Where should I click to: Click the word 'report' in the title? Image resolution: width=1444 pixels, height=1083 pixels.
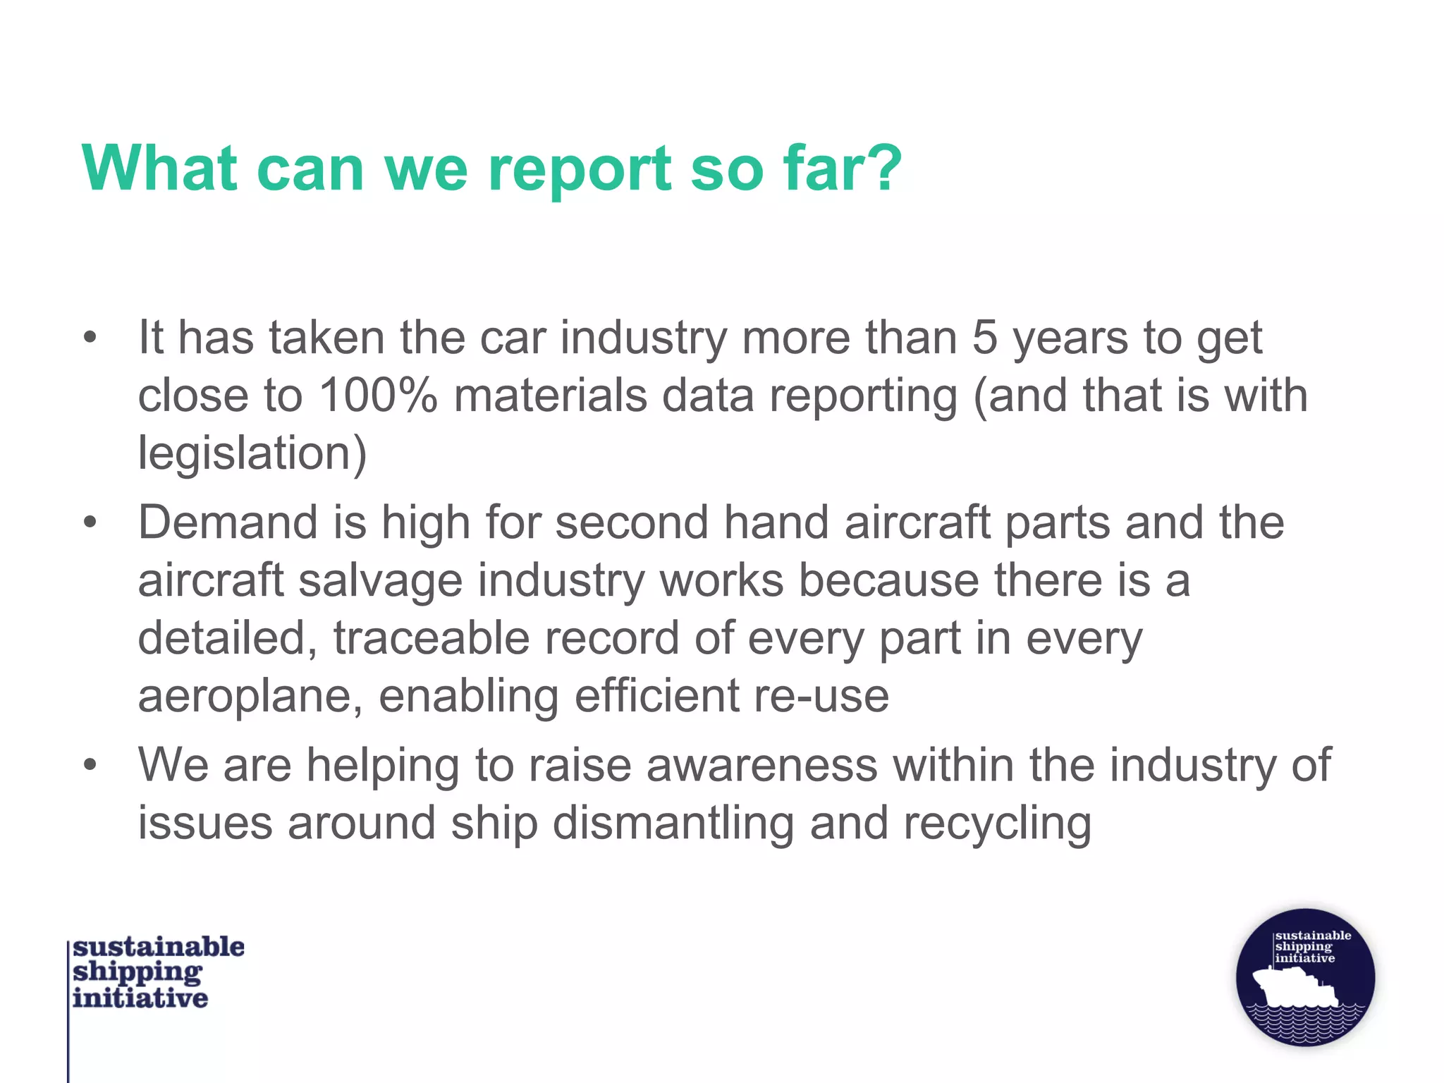pyautogui.click(x=580, y=171)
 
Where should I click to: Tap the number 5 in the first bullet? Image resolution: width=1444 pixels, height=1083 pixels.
pyautogui.click(x=984, y=338)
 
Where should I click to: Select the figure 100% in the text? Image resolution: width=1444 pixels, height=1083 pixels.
pyautogui.click(x=378, y=396)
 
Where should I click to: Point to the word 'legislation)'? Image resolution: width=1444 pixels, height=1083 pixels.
pyautogui.click(x=252, y=453)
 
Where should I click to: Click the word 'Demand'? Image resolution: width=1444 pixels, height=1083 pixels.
pyautogui.click(x=228, y=523)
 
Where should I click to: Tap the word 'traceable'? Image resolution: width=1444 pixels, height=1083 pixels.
pyautogui.click(x=432, y=639)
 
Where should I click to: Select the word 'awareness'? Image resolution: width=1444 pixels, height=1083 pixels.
pyautogui.click(x=761, y=766)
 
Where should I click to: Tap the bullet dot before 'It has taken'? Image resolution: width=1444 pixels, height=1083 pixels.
pyautogui.click(x=90, y=338)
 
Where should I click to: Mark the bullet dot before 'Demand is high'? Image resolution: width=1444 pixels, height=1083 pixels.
pyautogui.click(x=90, y=523)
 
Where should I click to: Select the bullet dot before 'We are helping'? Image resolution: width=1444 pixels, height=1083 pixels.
pyautogui.click(x=90, y=766)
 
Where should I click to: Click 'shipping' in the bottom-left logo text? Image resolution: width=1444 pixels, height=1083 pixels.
pyautogui.click(x=137, y=972)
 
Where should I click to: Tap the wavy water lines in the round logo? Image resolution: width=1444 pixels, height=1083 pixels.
pyautogui.click(x=1304, y=1022)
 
